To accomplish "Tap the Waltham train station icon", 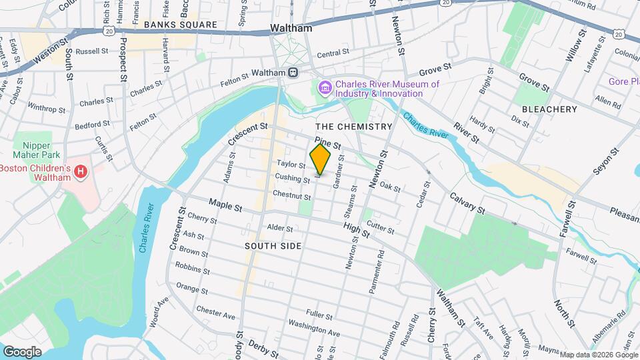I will click(x=293, y=73).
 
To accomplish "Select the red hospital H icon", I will click(x=81, y=173).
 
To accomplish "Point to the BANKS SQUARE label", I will click(x=180, y=25).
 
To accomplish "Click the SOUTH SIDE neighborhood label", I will click(x=273, y=247).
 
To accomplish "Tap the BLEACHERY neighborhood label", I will click(x=549, y=109).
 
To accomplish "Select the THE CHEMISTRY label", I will click(x=353, y=127).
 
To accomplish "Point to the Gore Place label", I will click(x=623, y=82).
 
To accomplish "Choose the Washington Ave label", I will click(x=314, y=327).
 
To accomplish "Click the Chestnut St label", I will click(x=291, y=195).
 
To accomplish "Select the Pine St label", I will click(x=328, y=143).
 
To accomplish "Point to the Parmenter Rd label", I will click(x=377, y=272).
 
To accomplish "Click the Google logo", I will click(x=21, y=351).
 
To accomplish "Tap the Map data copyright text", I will click(x=598, y=355).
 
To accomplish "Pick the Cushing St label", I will click(x=292, y=178).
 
